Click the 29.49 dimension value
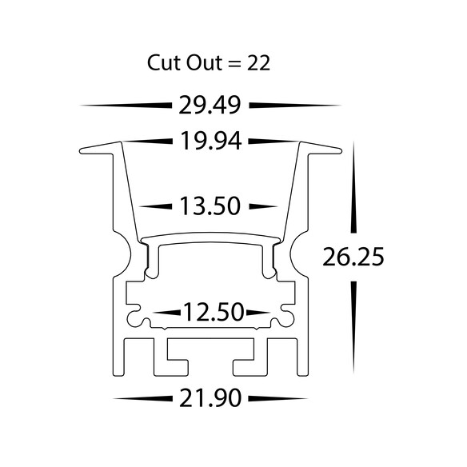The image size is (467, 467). [210, 106]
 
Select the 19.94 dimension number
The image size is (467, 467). [211, 142]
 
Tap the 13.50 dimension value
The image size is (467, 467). [210, 206]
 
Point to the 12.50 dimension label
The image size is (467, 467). [214, 312]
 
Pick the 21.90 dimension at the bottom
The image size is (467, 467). [210, 398]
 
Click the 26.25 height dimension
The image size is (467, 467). [353, 257]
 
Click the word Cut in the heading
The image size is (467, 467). [164, 63]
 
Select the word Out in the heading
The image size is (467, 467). [204, 63]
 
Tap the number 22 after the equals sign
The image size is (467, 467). [258, 63]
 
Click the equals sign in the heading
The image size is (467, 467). [234, 64]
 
